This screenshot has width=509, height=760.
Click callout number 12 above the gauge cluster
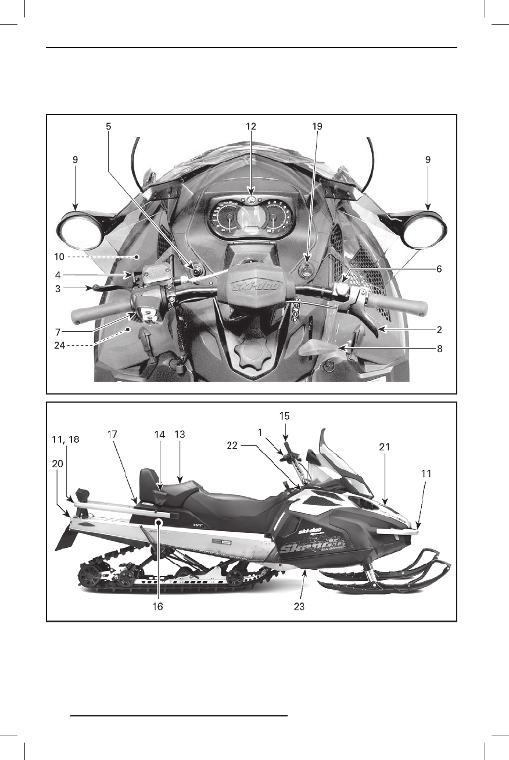point(251,126)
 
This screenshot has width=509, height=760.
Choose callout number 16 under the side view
point(157,607)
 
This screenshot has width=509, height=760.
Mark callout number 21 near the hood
point(384,447)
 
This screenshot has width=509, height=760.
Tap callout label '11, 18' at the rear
point(65,441)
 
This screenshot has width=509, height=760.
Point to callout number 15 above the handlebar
point(285,416)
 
